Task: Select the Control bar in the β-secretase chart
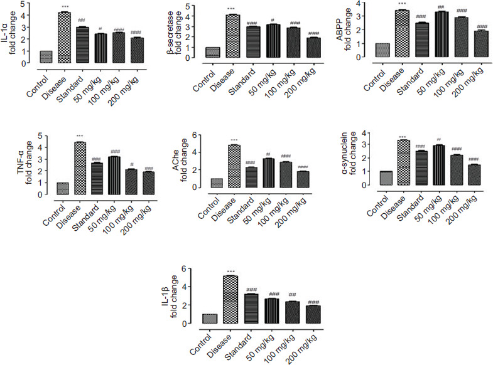click(x=214, y=52)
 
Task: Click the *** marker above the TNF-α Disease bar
click(x=80, y=137)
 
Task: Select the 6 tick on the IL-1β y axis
click(x=182, y=269)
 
